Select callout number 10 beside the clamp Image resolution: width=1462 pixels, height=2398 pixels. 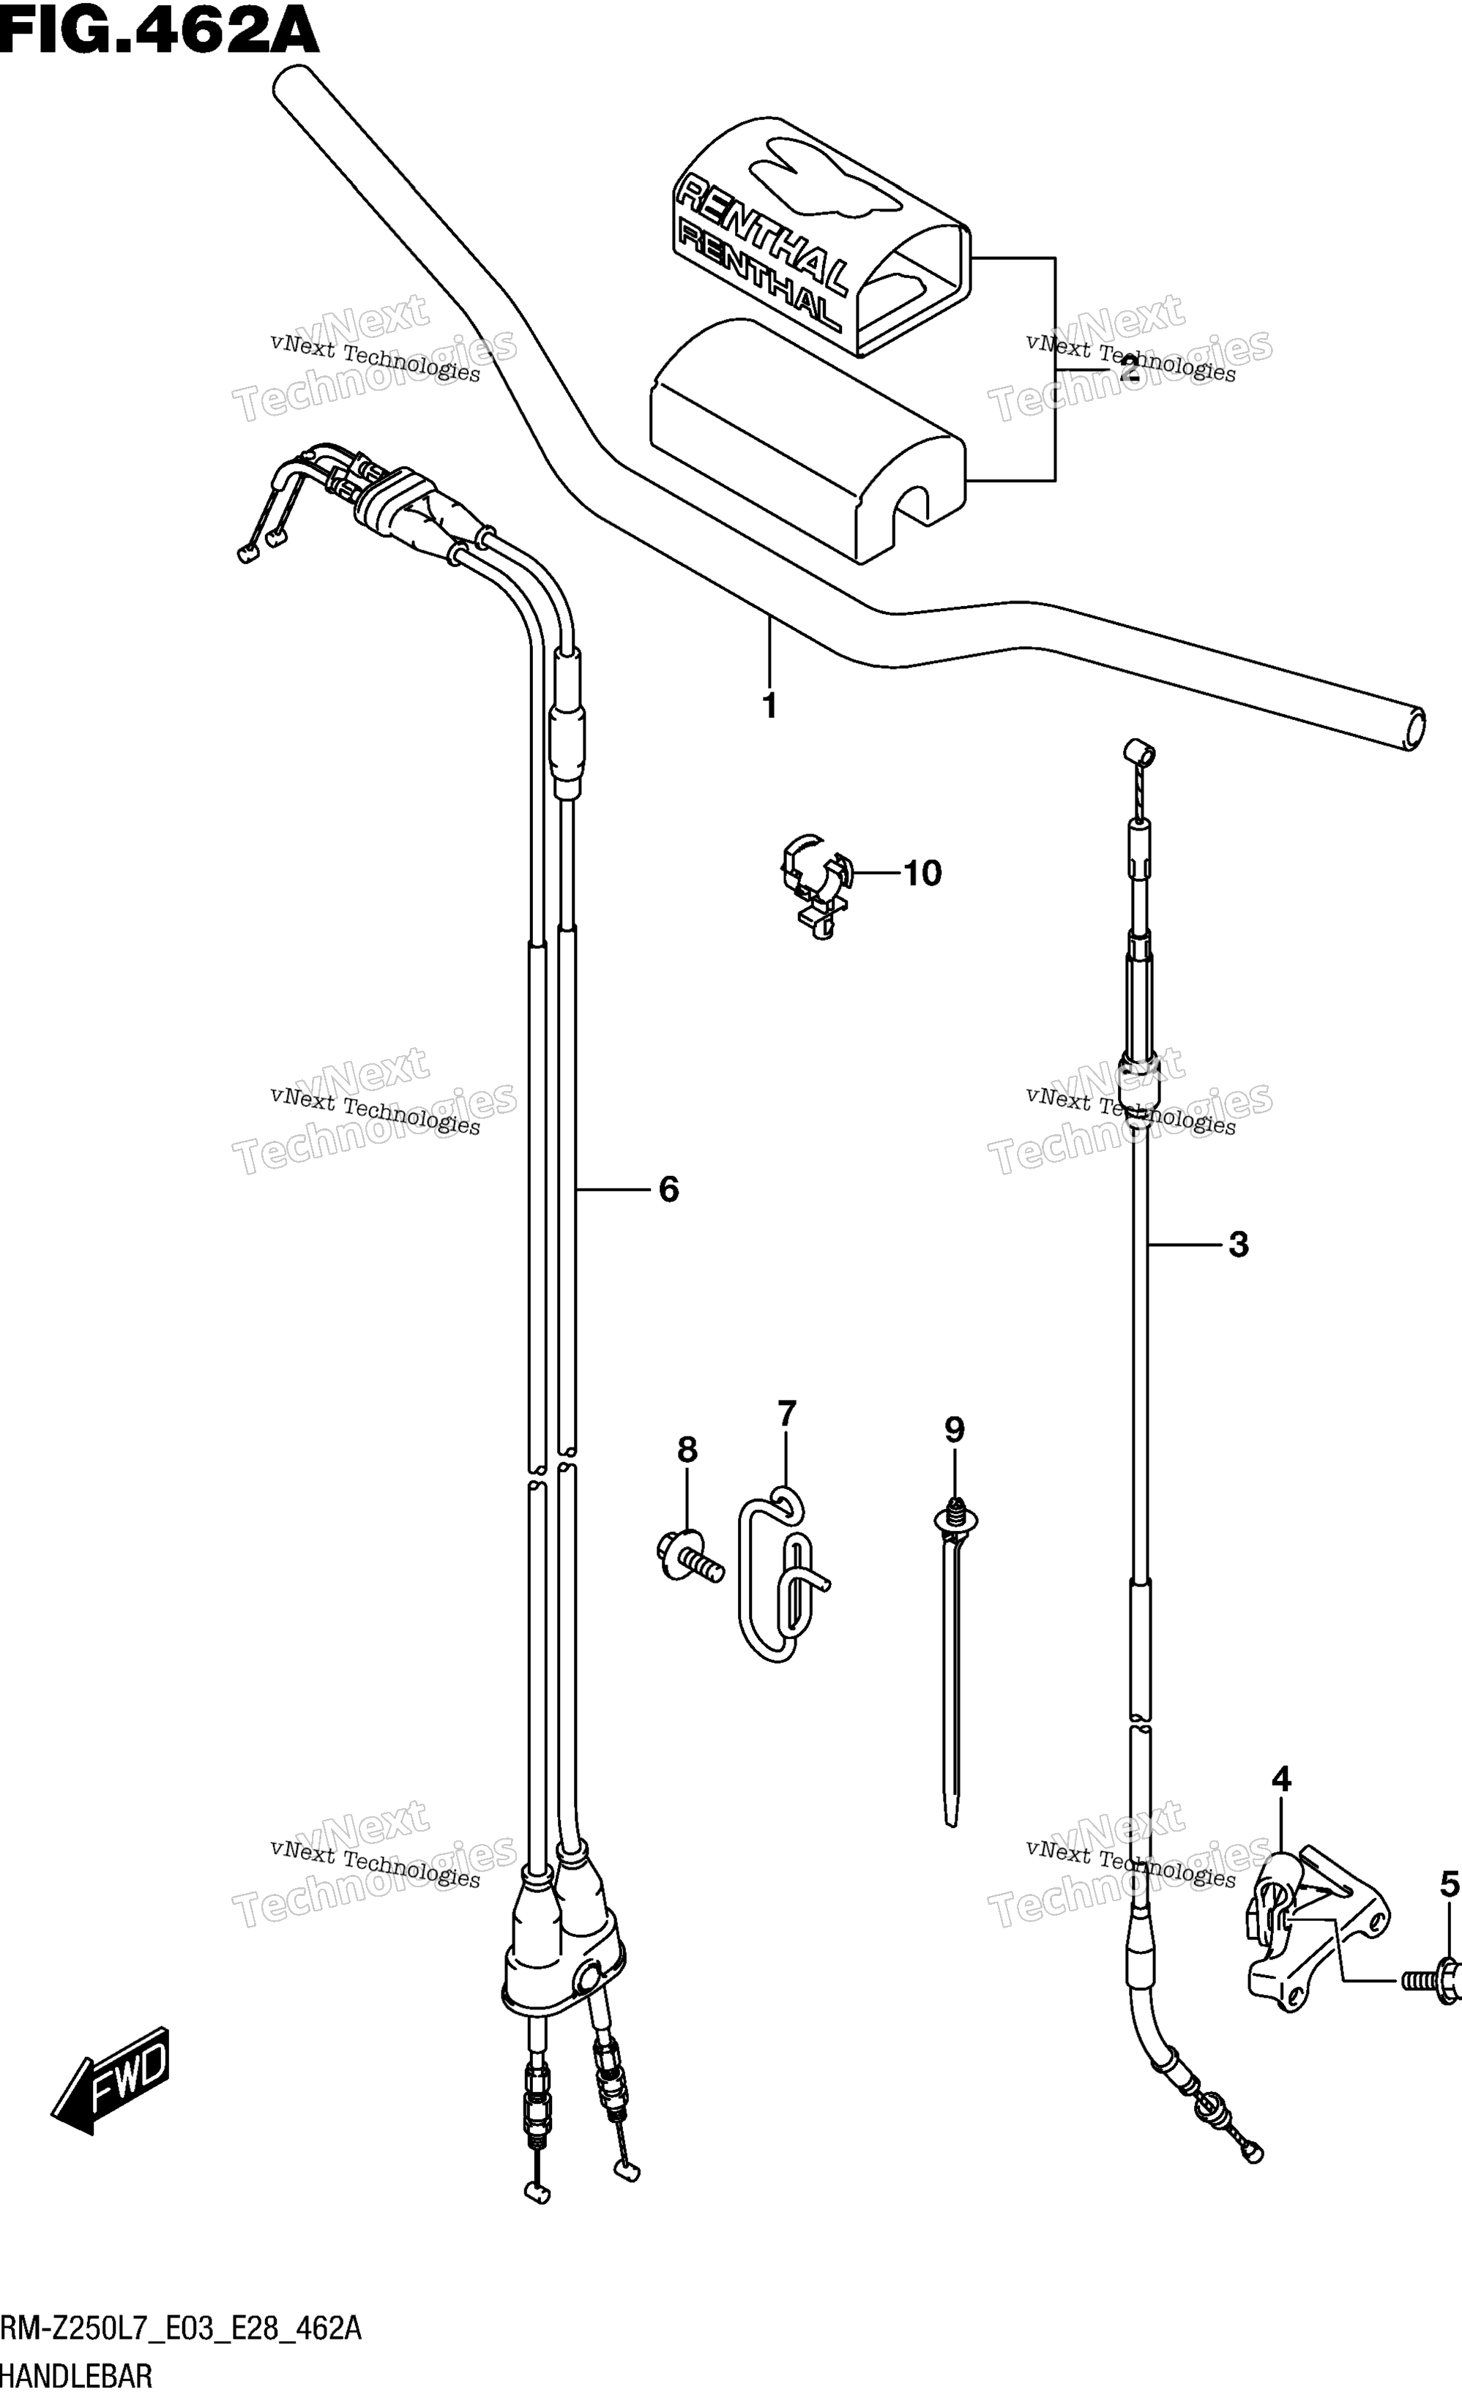922,873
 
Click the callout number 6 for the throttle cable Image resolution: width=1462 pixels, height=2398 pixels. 668,1189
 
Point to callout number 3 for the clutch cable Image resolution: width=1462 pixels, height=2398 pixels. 1238,1244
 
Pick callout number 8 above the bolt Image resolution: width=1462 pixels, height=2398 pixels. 687,1477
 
